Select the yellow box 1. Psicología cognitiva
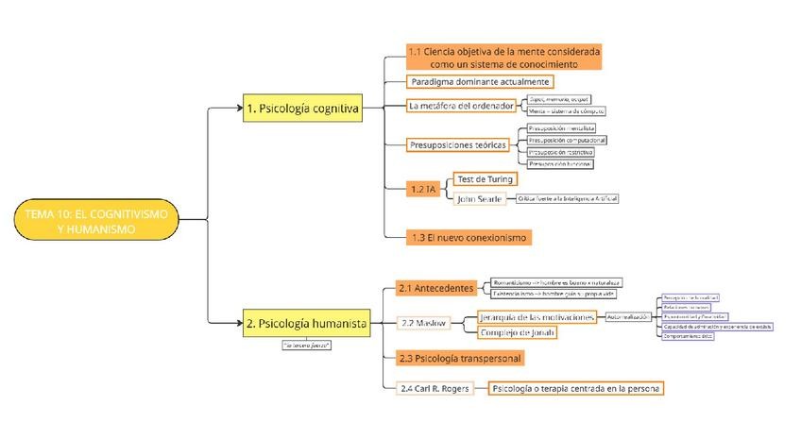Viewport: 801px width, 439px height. click(301, 109)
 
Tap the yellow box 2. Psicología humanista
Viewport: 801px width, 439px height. click(305, 323)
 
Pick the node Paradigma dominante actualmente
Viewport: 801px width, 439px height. click(467, 81)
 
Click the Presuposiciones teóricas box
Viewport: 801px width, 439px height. click(458, 144)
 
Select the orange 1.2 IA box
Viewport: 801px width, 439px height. click(422, 189)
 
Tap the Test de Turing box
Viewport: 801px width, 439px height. click(484, 178)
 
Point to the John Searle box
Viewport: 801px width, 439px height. click(479, 199)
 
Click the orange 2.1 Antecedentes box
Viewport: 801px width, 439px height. click(435, 287)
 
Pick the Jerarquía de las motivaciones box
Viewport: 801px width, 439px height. click(537, 317)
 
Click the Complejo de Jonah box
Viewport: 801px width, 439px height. click(517, 332)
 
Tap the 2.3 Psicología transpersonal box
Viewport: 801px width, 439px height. click(460, 359)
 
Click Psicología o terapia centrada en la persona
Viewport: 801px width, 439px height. click(576, 388)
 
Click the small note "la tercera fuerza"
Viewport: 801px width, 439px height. click(306, 346)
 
